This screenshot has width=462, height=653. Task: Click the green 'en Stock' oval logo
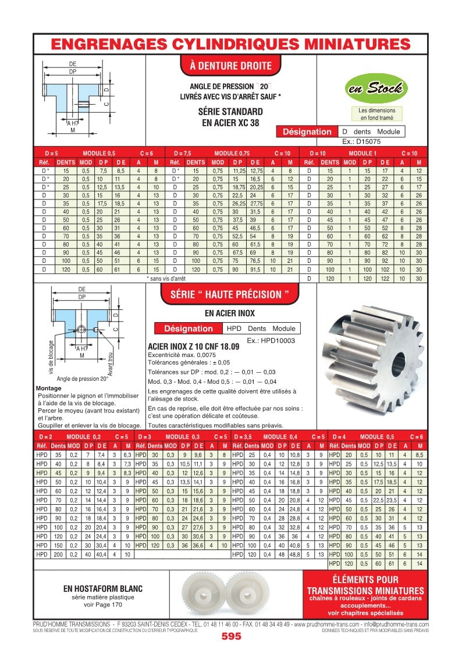tap(375, 89)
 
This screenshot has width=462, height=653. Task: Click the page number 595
tap(231, 637)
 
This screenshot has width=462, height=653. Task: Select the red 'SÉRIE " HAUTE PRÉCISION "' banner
tap(229, 294)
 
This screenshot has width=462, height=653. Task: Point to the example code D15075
tap(357, 141)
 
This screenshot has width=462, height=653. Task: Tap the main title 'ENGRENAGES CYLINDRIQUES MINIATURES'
tap(231, 44)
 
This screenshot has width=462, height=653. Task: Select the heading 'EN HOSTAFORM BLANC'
tap(103, 588)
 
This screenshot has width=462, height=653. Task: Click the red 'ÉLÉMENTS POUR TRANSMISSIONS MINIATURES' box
tap(365, 595)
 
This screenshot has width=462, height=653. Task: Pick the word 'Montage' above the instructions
tap(48, 388)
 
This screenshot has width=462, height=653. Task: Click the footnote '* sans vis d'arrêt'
tap(166, 279)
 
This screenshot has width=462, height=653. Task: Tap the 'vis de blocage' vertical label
tap(52, 356)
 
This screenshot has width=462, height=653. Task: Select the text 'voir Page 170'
tap(102, 605)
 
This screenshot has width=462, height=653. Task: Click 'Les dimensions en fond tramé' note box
tap(376, 114)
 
